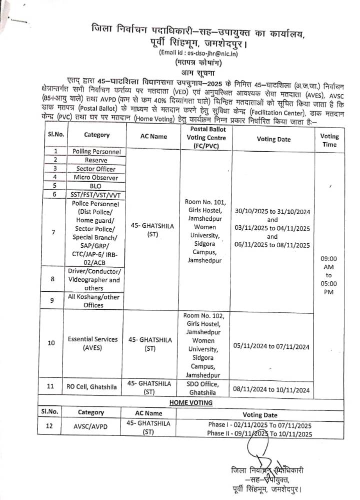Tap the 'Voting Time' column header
(329, 140)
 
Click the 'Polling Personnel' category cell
(96, 151)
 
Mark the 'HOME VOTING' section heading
(190, 402)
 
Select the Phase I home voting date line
(260, 424)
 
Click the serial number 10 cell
(51, 343)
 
